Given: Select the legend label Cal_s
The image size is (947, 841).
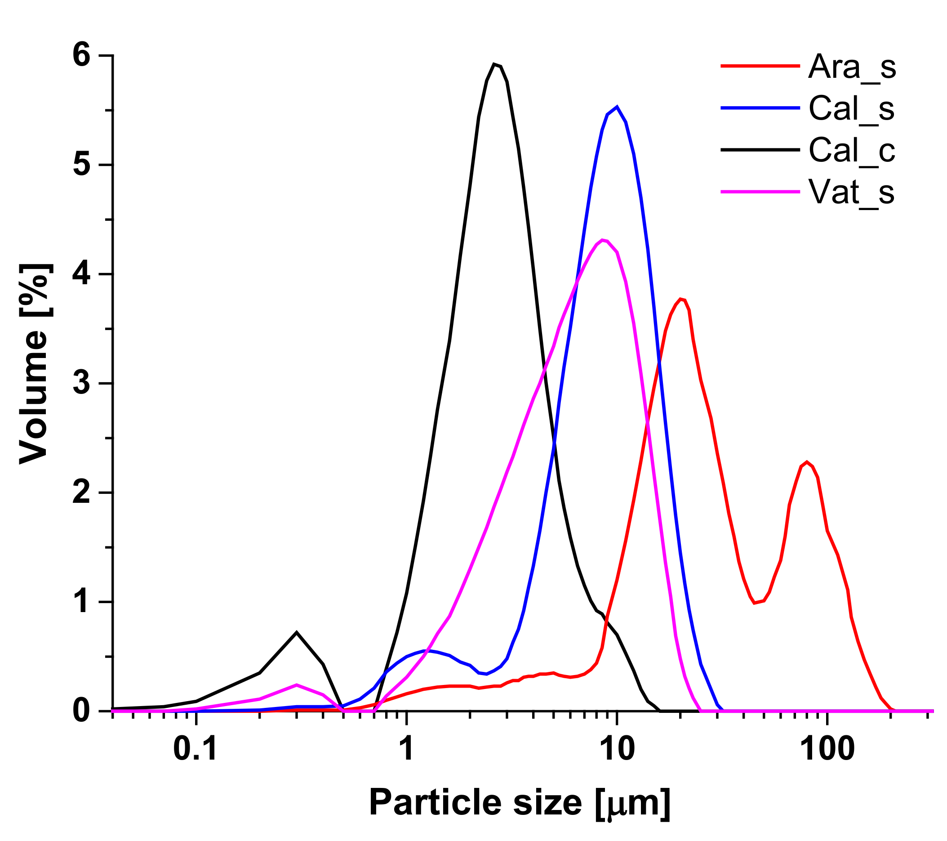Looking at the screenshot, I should coord(851,109).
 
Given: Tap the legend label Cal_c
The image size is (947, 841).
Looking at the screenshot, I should coord(852,150).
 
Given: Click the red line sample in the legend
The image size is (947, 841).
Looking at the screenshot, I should coord(760,66).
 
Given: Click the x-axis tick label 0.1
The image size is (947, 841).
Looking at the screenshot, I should coord(196,749).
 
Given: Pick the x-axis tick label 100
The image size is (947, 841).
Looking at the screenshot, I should coord(827,749).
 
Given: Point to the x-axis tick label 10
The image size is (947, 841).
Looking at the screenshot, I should coord(616,749).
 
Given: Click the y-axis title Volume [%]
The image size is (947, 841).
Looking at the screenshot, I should coord(35,364).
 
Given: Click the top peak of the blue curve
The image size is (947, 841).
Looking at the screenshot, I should coord(617,107).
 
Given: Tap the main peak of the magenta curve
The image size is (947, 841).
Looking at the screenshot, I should coord(602,240).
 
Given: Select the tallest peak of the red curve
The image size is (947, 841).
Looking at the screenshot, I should coord(680,299).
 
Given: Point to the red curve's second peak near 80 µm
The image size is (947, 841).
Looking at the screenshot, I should coord(807,462).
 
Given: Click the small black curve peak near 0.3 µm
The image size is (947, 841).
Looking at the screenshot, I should coord(297,632).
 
